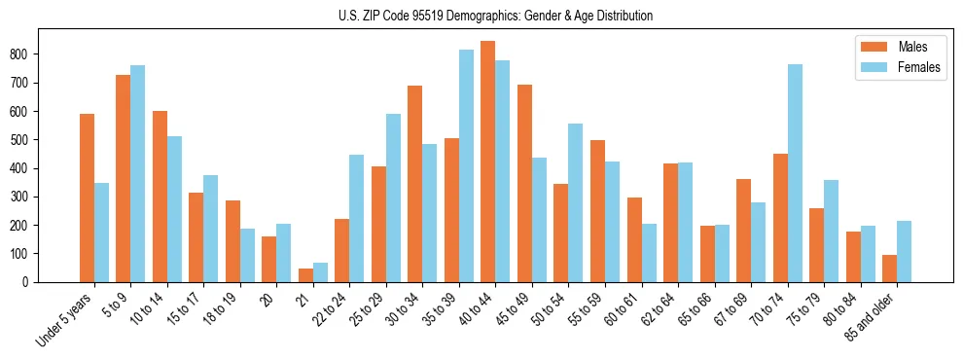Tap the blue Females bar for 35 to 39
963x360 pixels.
click(x=466, y=165)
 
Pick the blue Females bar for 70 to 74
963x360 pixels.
click(x=795, y=173)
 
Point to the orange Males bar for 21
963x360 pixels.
click(x=305, y=275)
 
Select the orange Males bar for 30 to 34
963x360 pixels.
click(x=414, y=184)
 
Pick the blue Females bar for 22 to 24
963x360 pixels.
click(x=357, y=218)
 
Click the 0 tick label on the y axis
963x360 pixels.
click(x=33, y=282)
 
